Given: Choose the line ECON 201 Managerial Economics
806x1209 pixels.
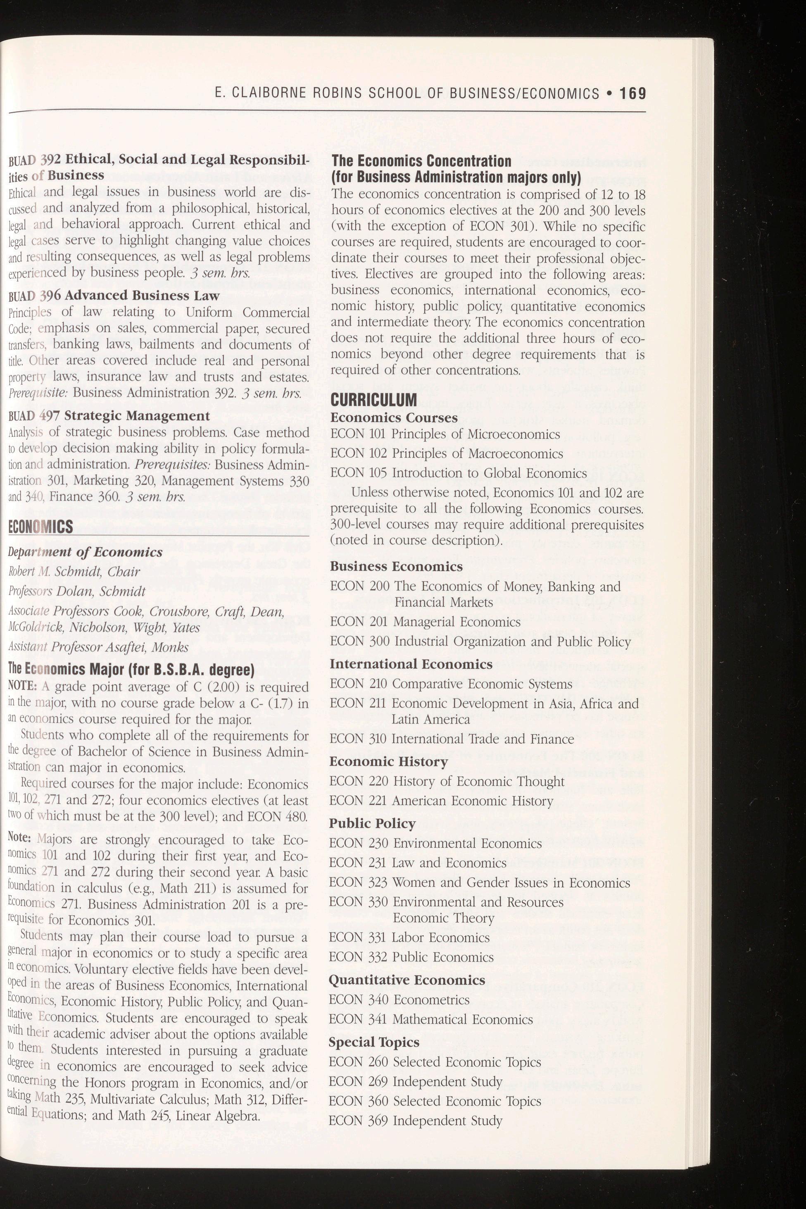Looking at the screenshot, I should coord(425,622).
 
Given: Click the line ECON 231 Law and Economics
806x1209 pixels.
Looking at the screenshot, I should coord(418,863).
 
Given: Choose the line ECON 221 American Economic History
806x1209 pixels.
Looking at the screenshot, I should coord(441,801).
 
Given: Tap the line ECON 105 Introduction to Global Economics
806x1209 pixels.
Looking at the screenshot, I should coord(458,473).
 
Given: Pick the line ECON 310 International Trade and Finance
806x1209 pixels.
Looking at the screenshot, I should coord(452,739).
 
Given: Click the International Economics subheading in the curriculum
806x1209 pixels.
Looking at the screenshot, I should coord(411,664).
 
